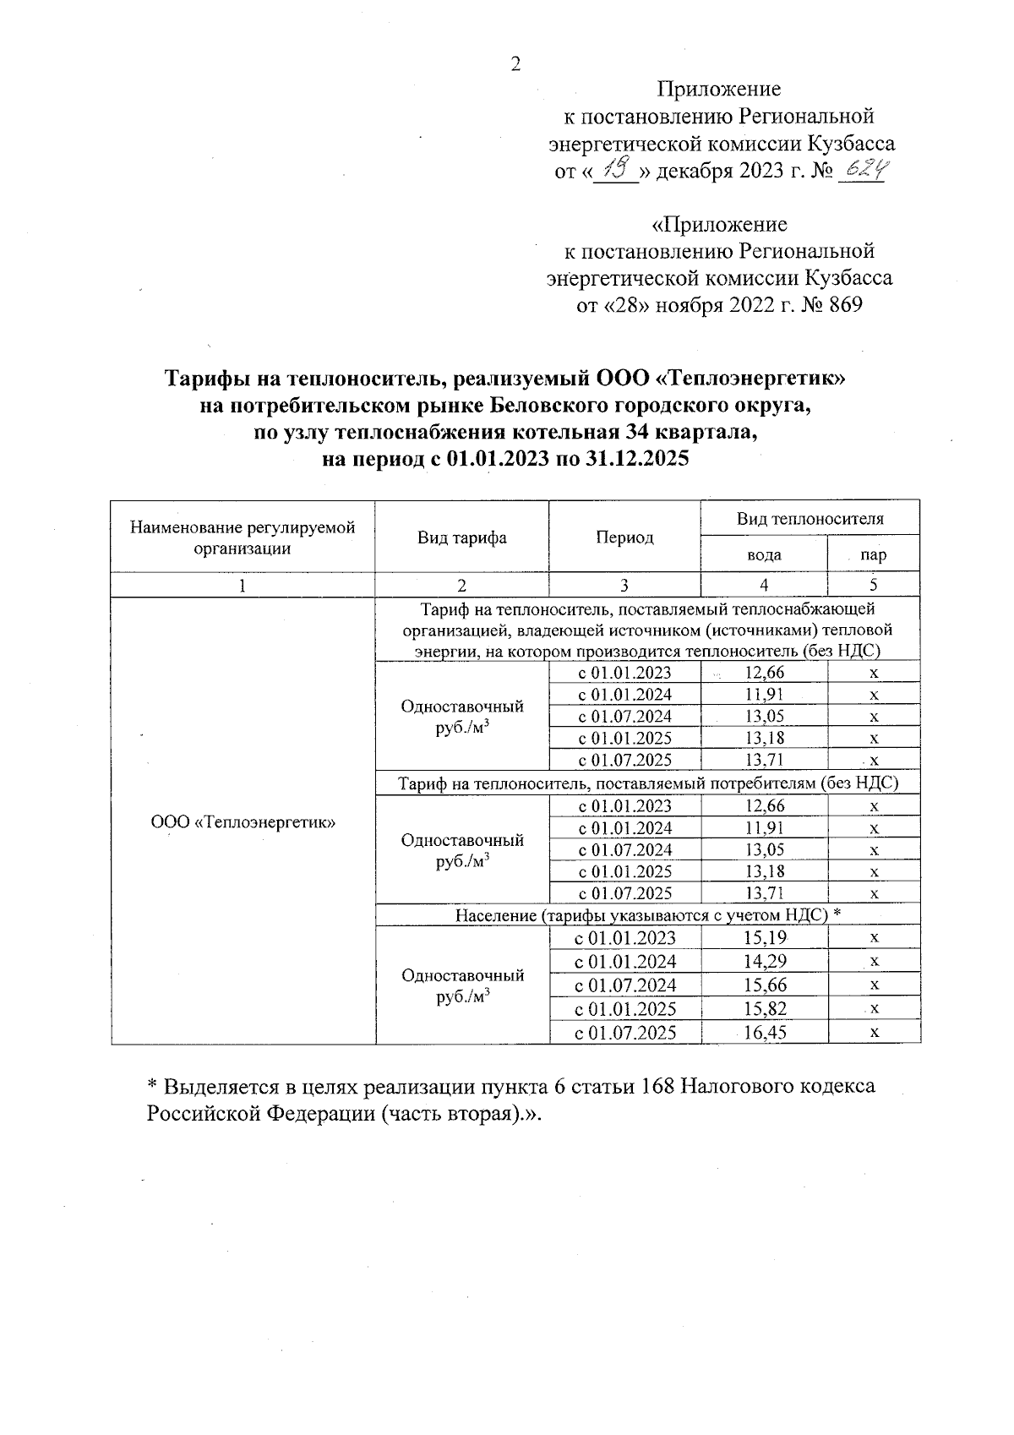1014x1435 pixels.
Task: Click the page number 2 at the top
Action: pyautogui.click(x=515, y=64)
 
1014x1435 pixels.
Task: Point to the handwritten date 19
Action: pyautogui.click(x=613, y=172)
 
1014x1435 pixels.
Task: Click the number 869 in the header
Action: pyautogui.click(x=845, y=305)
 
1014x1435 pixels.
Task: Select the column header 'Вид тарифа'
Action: pyautogui.click(x=461, y=537)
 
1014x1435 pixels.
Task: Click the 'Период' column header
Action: pyautogui.click(x=624, y=537)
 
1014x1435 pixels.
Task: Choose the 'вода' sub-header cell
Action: pyautogui.click(x=764, y=555)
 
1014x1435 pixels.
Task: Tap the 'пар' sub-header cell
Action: pyautogui.click(x=873, y=555)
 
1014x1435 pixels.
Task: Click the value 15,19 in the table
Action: pyautogui.click(x=764, y=937)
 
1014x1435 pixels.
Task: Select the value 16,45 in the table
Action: pyautogui.click(x=764, y=1032)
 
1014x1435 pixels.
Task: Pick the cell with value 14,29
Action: pyautogui.click(x=764, y=961)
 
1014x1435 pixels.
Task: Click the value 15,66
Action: pyautogui.click(x=764, y=985)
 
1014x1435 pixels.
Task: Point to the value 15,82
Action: pyautogui.click(x=764, y=1008)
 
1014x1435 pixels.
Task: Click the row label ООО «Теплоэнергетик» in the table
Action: pyautogui.click(x=243, y=821)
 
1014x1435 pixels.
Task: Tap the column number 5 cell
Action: pyautogui.click(x=873, y=585)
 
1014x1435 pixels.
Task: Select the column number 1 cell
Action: pyautogui.click(x=243, y=585)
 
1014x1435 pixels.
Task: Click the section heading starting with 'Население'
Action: pyautogui.click(x=648, y=915)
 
